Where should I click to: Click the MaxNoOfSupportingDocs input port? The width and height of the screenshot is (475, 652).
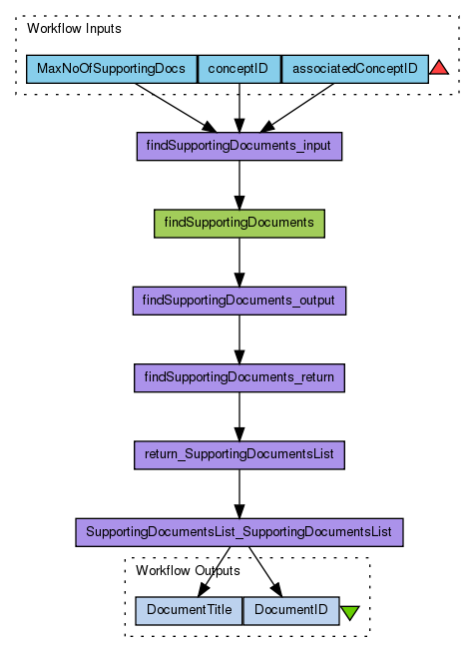tap(112, 69)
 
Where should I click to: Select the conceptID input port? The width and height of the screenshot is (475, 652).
tap(239, 69)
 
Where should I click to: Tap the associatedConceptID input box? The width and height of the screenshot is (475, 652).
tap(355, 69)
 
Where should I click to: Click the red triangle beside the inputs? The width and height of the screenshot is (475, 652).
tap(439, 67)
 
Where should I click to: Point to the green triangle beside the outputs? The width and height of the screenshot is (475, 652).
tap(350, 612)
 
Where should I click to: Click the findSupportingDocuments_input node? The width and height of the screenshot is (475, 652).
tap(239, 146)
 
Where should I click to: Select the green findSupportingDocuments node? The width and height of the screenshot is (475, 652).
tap(239, 224)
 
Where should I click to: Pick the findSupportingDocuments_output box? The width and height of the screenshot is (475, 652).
tap(239, 301)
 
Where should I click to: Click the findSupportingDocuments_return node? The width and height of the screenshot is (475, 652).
tap(239, 378)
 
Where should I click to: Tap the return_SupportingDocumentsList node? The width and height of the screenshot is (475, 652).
tap(239, 455)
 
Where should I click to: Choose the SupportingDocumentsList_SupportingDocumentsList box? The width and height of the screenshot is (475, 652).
tap(239, 532)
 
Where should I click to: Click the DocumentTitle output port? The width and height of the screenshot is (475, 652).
tap(189, 611)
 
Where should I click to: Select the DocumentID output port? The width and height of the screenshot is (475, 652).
tap(291, 611)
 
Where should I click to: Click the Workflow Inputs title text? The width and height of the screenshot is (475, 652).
tap(74, 29)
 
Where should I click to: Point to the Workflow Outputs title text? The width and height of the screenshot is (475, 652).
tap(188, 570)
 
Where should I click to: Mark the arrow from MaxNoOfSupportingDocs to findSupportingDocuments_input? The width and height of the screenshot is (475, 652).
tap(177, 108)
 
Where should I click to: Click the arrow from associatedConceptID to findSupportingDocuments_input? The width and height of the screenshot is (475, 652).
tap(296, 108)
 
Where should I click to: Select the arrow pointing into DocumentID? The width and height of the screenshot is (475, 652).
tap(265, 572)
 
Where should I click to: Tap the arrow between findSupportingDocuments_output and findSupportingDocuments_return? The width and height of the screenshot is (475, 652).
tap(239, 339)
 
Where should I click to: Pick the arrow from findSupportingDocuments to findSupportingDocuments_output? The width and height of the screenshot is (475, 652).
tap(239, 262)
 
